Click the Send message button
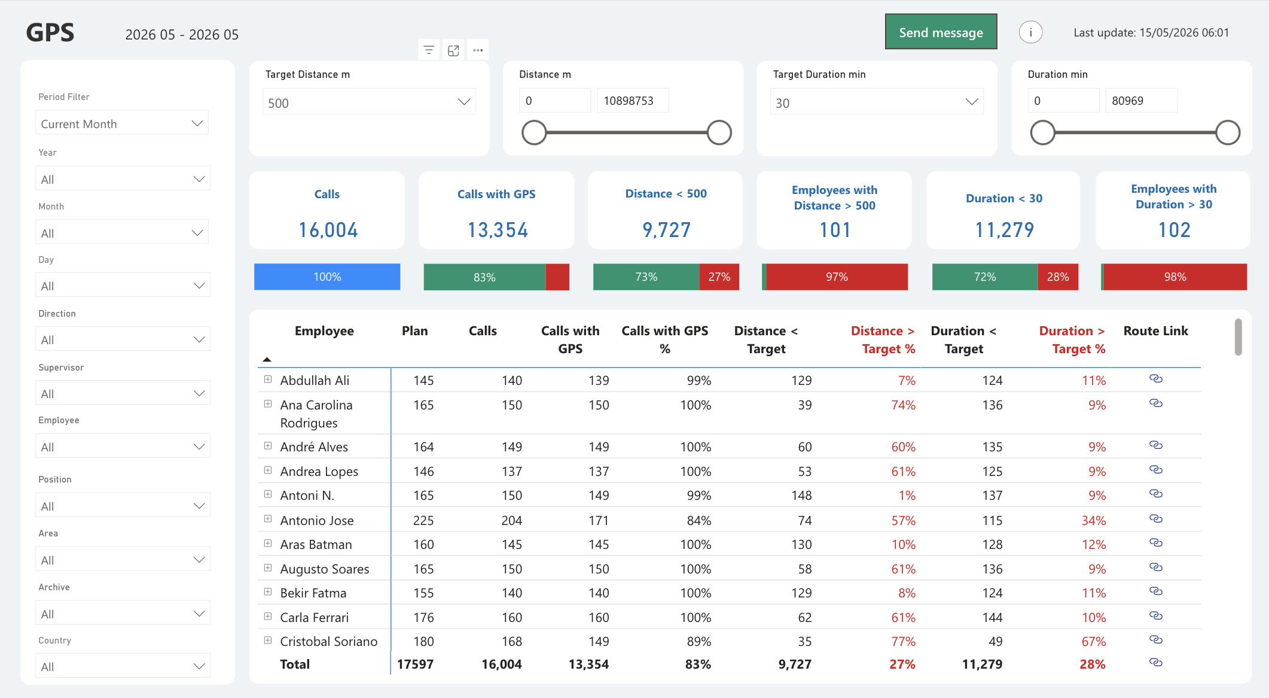941,32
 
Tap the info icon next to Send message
1030,32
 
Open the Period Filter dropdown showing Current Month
122,123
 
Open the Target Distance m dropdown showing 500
369,102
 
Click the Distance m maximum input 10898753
633,101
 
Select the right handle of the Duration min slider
1228,133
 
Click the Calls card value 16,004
328,230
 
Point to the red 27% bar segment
719,277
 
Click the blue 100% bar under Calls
327,277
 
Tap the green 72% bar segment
985,277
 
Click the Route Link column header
1155,331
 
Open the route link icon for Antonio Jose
1156,519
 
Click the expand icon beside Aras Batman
268,544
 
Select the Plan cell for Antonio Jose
423,520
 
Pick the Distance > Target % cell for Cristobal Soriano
903,642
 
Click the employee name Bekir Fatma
313,593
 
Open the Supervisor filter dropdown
123,393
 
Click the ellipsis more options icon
477,50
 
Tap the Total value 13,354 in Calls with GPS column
588,664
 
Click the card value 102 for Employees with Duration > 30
1174,230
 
